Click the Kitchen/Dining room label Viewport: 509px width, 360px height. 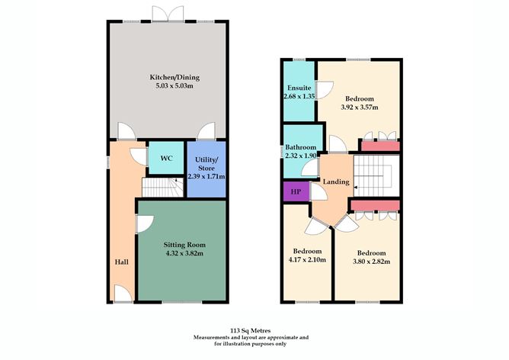coord(174,77)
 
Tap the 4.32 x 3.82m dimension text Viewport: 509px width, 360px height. coord(184,253)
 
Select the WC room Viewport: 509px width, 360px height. coord(166,158)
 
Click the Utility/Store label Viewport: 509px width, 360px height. coord(206,164)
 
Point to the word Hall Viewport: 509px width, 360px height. coord(122,262)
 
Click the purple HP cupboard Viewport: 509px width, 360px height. coord(296,191)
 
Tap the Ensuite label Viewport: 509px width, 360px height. coord(299,88)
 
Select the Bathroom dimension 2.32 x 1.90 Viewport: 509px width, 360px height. coord(300,156)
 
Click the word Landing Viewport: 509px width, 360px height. coord(336,182)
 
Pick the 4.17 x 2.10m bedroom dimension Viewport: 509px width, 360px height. coord(307,259)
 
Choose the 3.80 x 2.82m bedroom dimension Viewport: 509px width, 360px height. coord(371,261)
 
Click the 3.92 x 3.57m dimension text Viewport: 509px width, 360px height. coord(360,108)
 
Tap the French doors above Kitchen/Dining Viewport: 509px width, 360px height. coord(168,14)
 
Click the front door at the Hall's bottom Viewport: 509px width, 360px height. coord(123,294)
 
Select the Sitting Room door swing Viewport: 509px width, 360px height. coord(145,224)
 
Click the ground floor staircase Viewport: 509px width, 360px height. coord(162,188)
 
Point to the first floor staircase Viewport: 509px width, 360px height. coord(376,175)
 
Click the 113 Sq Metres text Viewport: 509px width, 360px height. coord(250,331)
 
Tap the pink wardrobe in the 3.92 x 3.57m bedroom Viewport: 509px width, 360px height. coord(380,146)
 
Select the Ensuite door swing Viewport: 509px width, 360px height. coord(325,90)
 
